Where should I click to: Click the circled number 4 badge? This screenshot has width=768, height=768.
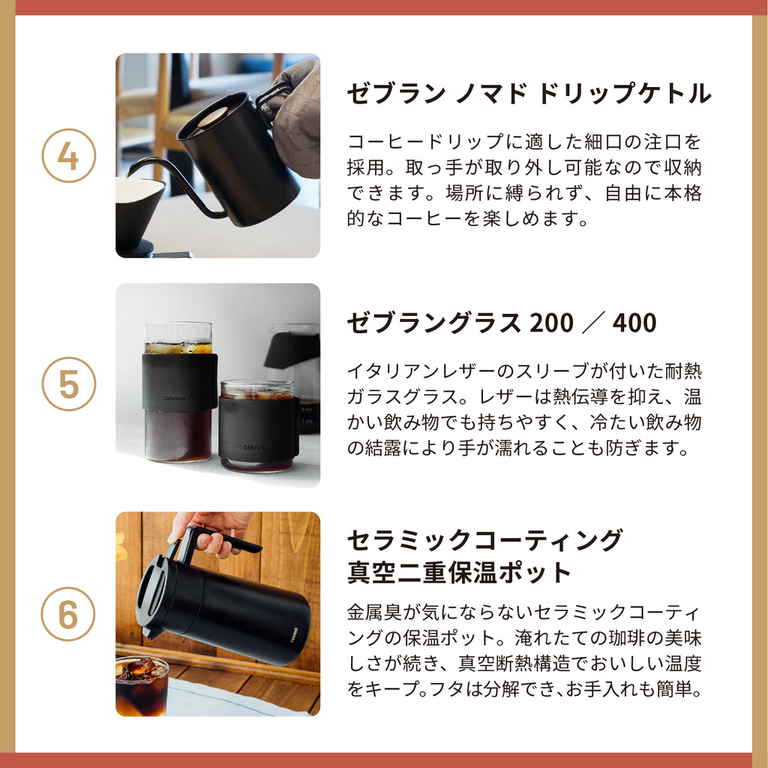pos(68,156)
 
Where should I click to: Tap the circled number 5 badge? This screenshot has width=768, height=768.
pos(68,384)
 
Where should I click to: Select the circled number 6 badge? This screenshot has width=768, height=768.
pos(68,614)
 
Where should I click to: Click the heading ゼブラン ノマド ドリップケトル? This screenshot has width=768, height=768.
pos(529,93)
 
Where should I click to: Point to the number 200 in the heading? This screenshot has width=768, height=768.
pos(551,323)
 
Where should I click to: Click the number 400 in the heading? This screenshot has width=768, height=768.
pos(634,323)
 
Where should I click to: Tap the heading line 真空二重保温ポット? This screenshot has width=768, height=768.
pos(460,572)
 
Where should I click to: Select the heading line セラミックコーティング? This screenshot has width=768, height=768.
pos(485,540)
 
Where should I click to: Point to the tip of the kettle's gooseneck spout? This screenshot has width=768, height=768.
pos(127,174)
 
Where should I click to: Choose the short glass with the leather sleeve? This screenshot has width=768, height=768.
pos(258,425)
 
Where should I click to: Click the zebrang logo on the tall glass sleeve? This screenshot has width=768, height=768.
pos(174,398)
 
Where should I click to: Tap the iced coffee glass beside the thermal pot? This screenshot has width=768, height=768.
pos(142,685)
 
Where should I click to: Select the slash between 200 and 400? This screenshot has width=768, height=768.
pos(592,323)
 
